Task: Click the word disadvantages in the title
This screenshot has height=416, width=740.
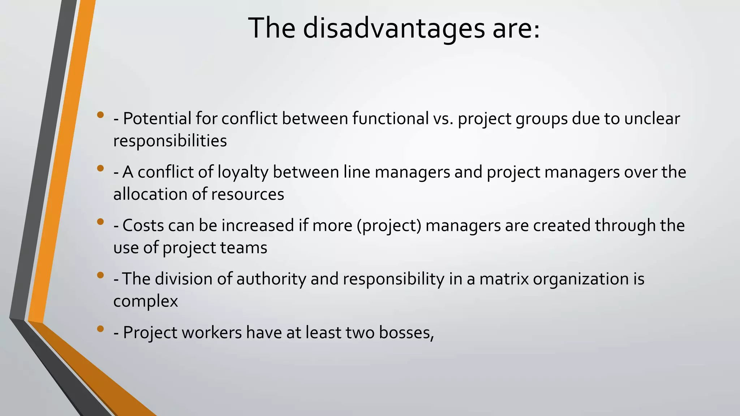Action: [x=393, y=28]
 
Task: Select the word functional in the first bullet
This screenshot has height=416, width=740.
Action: [x=390, y=118]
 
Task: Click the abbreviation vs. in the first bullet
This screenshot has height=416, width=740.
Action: [x=443, y=118]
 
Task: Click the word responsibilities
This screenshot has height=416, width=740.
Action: [x=170, y=141]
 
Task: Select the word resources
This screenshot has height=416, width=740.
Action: [x=248, y=194]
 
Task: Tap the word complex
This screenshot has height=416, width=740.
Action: [x=145, y=301]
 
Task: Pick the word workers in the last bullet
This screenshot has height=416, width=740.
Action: [x=211, y=333]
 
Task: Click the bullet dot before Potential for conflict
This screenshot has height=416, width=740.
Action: [x=100, y=115]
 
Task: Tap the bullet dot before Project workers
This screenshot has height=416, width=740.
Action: [x=100, y=329]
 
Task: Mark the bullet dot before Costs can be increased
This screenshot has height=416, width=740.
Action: [x=100, y=222]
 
